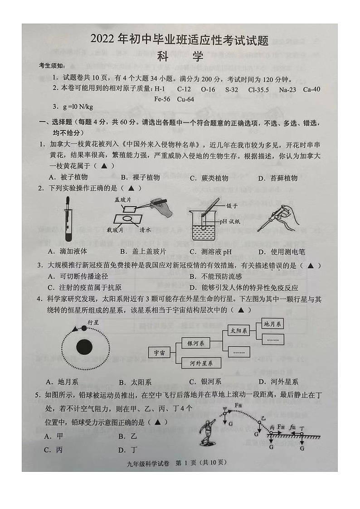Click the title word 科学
click(180, 57)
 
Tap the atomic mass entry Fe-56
click(162, 99)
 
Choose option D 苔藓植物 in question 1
click(277, 178)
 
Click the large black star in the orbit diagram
click(85, 348)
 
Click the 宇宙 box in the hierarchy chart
click(159, 353)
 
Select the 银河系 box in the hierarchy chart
click(195, 343)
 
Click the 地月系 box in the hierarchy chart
click(273, 324)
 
